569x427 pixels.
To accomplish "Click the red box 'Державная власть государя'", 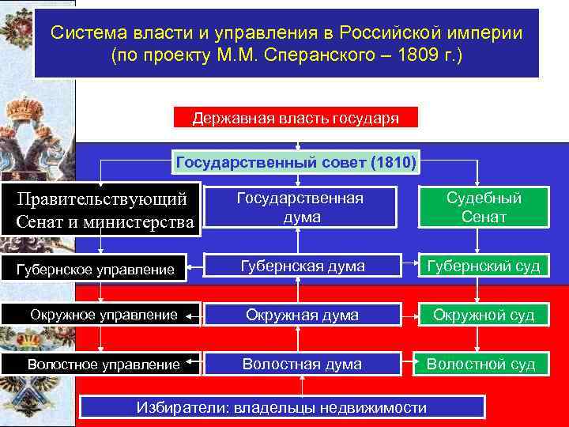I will click(296, 118).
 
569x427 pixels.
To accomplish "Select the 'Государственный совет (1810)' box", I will click(296, 163).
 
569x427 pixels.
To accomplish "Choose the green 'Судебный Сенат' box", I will click(484, 208).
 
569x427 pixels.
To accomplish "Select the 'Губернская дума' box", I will click(303, 266).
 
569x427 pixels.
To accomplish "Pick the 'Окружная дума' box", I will click(303, 315).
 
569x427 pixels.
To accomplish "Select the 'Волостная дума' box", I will click(303, 364).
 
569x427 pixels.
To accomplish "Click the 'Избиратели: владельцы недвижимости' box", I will click(282, 407).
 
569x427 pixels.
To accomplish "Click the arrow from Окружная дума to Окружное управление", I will click(194, 315).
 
